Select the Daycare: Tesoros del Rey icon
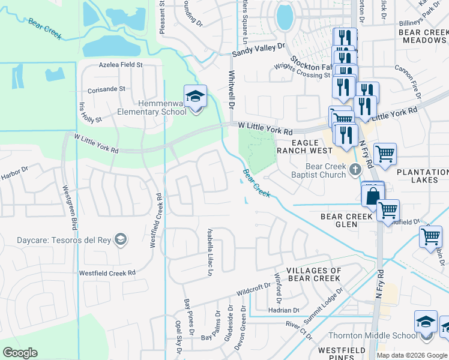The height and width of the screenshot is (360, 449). click(x=121, y=239)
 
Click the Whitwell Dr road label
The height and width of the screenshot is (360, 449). click(x=231, y=90)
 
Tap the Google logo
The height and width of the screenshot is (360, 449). click(x=20, y=353)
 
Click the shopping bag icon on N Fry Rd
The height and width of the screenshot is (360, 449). click(x=372, y=195)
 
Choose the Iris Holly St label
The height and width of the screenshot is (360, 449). click(x=90, y=111)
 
